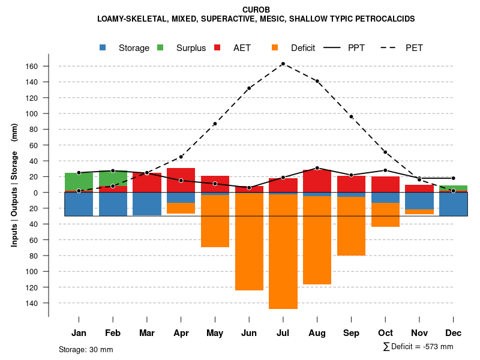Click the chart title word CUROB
(x=256, y=10)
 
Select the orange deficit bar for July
(x=283, y=252)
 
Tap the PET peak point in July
(x=283, y=64)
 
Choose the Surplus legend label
(x=191, y=48)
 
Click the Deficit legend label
(x=303, y=48)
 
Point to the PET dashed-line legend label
(x=414, y=48)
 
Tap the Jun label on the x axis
(x=249, y=333)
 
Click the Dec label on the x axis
(x=454, y=333)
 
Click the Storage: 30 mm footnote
(x=86, y=349)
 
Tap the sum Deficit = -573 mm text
(x=418, y=347)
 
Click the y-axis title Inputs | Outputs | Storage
(x=14, y=184)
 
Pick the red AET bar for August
(x=317, y=181)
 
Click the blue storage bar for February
(x=113, y=204)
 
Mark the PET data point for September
(x=352, y=116)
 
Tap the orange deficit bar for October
(x=386, y=215)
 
